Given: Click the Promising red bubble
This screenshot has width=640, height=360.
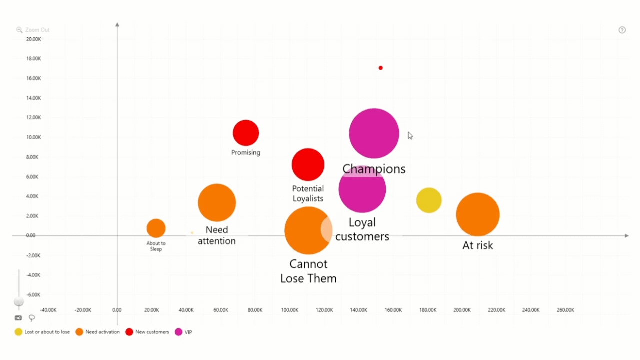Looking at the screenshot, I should tap(246, 133).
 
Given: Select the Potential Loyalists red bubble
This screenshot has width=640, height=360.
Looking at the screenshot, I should tap(308, 164).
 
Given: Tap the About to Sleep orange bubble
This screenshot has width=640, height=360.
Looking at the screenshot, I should tap(156, 228).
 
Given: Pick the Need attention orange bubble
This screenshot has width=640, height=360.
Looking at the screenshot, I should tap(217, 202).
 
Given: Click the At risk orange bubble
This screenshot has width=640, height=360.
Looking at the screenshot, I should tap(478, 214).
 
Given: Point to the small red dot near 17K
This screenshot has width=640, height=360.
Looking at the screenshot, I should tap(381, 68).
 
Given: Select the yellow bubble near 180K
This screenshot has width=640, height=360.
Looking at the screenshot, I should tap(429, 200).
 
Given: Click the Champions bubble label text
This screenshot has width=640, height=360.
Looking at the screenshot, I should tap(374, 169).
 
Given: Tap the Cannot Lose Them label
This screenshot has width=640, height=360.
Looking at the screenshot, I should tap(308, 271).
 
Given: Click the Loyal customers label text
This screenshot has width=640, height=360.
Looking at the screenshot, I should tap(362, 229).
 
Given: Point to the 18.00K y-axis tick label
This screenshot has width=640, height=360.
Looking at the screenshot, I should tap(34, 59).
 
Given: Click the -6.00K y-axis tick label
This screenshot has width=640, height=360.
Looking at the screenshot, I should tap(33, 295).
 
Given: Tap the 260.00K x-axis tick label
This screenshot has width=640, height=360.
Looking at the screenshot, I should tap(565, 310).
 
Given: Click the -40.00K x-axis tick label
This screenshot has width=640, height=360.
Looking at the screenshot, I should tap(48, 310).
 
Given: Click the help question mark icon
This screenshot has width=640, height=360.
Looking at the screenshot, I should tap(622, 30).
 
